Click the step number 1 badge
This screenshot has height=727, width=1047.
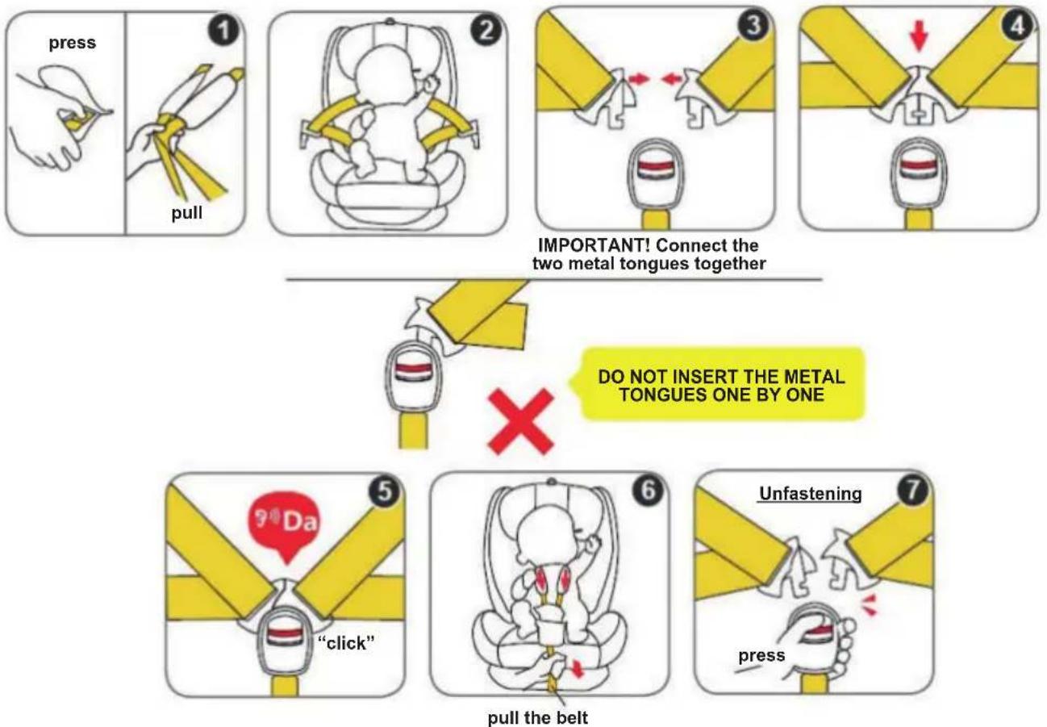[x=224, y=31]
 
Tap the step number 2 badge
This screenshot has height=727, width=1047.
[x=486, y=31]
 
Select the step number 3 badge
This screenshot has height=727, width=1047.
[x=753, y=24]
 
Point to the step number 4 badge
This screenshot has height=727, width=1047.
[x=1017, y=24]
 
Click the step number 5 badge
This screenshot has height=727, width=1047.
[x=384, y=491]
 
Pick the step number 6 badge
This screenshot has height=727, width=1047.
[x=648, y=490]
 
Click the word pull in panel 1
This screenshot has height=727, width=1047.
[x=187, y=213]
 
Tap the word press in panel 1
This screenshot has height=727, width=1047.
[x=73, y=43]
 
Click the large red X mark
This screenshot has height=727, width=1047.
[x=521, y=422]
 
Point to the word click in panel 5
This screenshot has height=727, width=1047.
[x=346, y=643]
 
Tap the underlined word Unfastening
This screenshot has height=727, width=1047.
[x=810, y=494]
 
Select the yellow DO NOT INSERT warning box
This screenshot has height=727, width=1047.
[x=721, y=384]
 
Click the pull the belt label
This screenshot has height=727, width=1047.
[x=537, y=717]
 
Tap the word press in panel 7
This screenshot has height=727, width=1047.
[x=761, y=655]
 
